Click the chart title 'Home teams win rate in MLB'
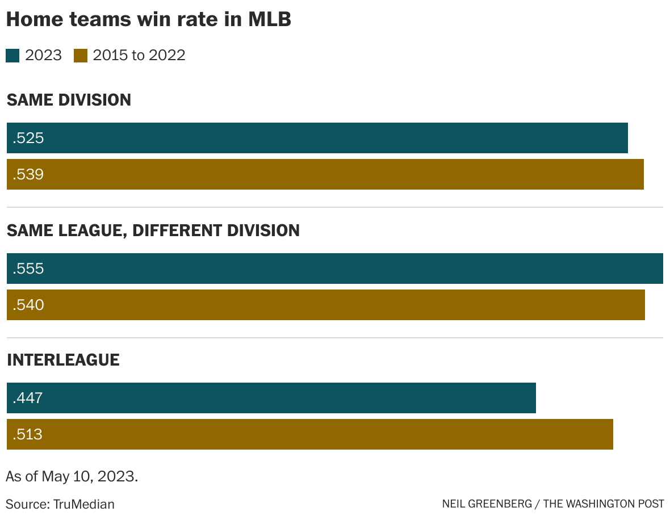[148, 19]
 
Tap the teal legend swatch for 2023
[12, 56]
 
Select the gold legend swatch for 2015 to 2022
[81, 56]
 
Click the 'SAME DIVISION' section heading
[69, 100]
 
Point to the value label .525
[28, 138]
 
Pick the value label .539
[28, 174]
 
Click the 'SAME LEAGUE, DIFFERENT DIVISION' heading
[153, 230]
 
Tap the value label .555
[28, 269]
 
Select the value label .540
[28, 305]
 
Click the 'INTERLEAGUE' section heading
[63, 360]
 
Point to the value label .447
[27, 398]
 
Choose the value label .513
[27, 434]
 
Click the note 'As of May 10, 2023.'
[72, 476]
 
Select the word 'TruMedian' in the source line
[84, 504]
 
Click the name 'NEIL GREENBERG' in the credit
[487, 504]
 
